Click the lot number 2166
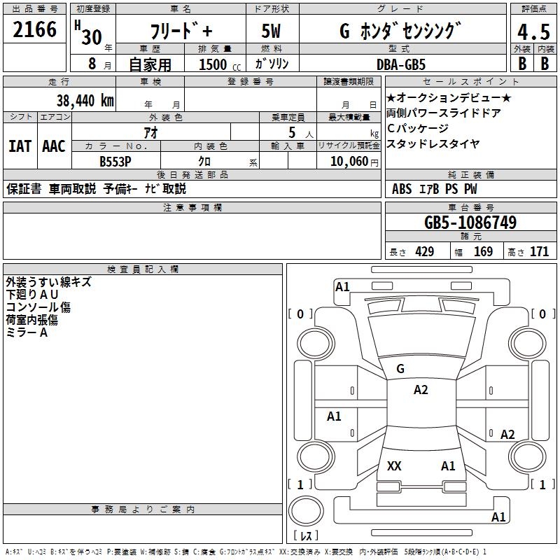coord(34,30)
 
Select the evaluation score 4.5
coord(532,33)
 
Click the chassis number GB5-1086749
coord(470,223)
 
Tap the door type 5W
coord(272,31)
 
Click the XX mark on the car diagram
coord(394,466)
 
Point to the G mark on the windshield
coord(400,369)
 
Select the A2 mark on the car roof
coord(421,390)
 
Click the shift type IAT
coord(20,146)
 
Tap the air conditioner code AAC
coord(53,146)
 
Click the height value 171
coord(539,251)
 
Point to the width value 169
coord(483,251)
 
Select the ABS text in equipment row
coord(402,189)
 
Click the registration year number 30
coord(91,37)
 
